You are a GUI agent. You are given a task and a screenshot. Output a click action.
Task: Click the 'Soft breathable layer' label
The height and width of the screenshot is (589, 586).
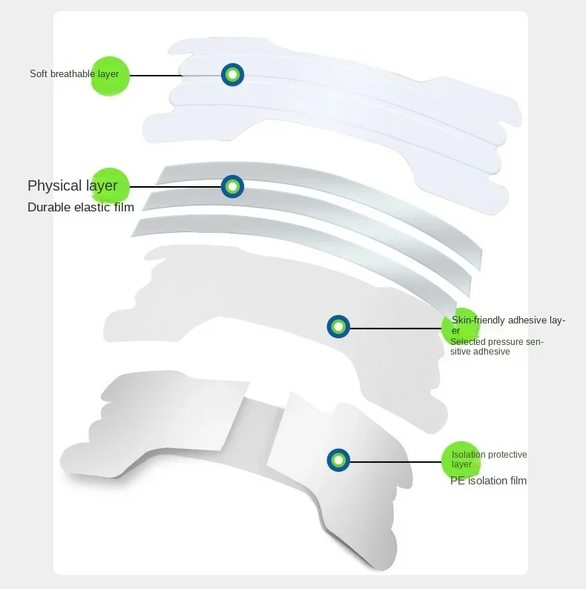tap(74, 74)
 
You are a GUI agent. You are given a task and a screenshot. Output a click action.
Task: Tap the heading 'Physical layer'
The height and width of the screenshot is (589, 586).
tap(73, 185)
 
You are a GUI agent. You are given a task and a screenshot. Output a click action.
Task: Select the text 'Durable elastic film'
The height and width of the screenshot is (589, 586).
tap(81, 207)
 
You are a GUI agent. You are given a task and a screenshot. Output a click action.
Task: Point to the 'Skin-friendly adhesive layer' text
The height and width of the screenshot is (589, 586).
tap(508, 325)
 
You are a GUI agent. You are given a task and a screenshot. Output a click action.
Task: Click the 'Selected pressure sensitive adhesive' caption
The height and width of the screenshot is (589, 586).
tap(497, 346)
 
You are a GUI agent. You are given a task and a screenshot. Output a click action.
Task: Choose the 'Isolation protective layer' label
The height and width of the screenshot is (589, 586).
tap(489, 459)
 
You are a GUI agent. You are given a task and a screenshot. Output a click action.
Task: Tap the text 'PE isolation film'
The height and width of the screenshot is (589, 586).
tap(488, 481)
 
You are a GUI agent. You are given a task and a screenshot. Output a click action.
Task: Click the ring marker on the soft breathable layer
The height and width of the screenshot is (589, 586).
tap(232, 74)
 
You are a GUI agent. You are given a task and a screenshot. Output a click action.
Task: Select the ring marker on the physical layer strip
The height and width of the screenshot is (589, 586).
tap(232, 185)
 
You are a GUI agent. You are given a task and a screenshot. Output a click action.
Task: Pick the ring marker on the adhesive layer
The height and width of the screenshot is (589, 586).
tap(338, 326)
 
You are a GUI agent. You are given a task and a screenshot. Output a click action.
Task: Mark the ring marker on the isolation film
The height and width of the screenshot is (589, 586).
tap(338, 461)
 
